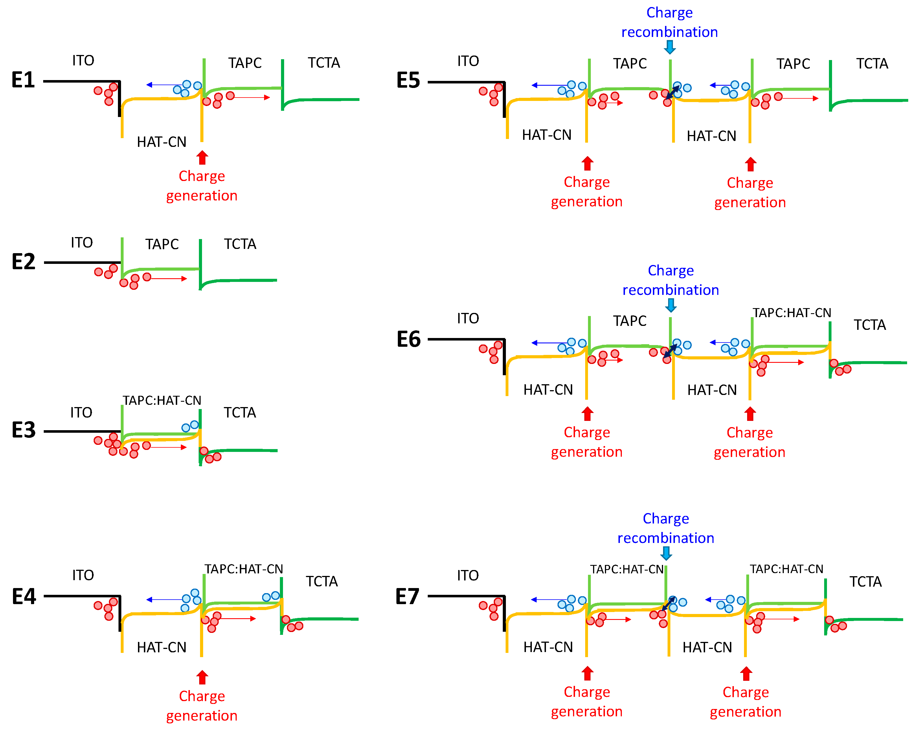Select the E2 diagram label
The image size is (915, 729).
[23, 262]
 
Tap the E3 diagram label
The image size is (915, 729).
[23, 430]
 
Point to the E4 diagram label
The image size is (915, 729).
[24, 597]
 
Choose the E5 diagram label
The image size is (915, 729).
[408, 80]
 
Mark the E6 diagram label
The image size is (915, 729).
[408, 339]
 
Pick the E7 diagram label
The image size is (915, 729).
[407, 597]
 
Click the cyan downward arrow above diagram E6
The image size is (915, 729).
[671, 305]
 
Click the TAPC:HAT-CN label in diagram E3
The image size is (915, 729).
[162, 400]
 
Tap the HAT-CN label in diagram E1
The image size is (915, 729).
[161, 142]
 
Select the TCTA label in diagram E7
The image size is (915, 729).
[865, 581]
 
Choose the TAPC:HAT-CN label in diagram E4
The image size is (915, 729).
[243, 569]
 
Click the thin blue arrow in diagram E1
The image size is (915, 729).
[163, 85]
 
